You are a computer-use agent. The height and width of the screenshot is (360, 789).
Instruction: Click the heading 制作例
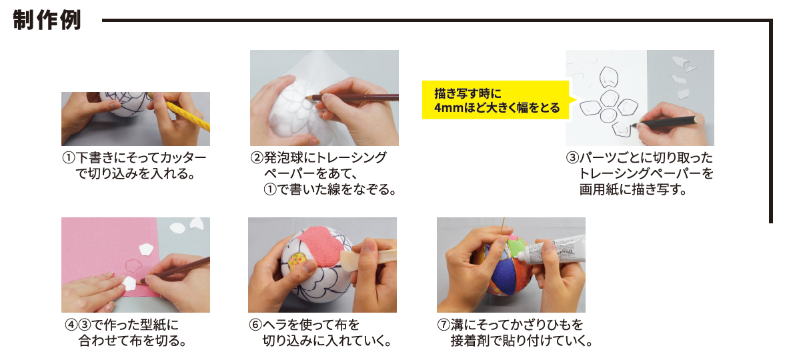pos(46,21)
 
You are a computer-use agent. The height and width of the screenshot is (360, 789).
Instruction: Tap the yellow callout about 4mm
pos(499,100)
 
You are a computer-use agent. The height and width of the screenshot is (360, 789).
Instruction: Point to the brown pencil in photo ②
pos(352,97)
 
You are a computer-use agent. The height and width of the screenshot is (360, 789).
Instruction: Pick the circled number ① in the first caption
pos(68,158)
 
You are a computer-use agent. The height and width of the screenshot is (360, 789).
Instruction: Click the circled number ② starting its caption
pos(257,158)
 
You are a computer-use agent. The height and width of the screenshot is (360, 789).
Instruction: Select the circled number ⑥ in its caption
pos(255,325)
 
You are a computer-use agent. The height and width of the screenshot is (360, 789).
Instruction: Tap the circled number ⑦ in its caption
pos(444,325)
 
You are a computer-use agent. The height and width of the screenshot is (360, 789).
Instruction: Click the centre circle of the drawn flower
pos(609,115)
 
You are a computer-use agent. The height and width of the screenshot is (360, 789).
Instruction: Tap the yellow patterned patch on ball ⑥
pos(295,258)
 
